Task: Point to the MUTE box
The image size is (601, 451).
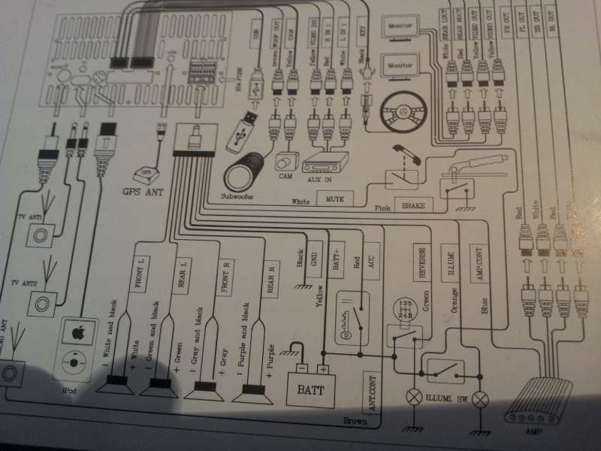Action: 335,199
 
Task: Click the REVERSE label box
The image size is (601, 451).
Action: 421,263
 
